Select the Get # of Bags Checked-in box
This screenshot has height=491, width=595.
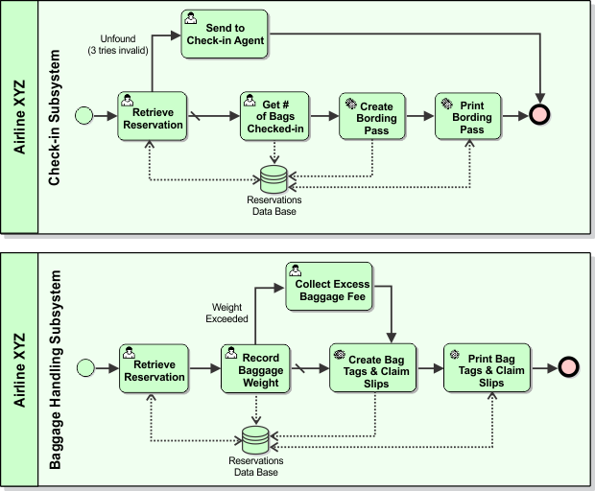(x=274, y=116)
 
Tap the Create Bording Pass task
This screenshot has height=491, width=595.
(x=369, y=116)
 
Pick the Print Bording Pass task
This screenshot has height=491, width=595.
(x=468, y=116)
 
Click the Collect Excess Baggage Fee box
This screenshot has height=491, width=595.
(x=332, y=285)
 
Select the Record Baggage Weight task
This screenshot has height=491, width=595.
(x=254, y=368)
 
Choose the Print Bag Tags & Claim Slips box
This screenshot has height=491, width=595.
(x=488, y=368)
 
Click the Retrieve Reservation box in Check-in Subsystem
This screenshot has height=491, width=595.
(x=151, y=116)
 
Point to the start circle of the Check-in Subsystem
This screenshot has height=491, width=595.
(x=84, y=116)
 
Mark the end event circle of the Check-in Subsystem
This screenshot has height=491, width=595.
(x=542, y=116)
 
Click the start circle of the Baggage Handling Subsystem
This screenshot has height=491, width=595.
(x=84, y=368)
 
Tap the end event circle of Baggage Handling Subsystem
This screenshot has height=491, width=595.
(x=568, y=368)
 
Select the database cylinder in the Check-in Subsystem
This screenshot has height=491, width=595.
(x=274, y=177)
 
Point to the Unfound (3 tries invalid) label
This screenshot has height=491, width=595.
(x=122, y=44)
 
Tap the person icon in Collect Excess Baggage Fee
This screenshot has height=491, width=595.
(x=296, y=269)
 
